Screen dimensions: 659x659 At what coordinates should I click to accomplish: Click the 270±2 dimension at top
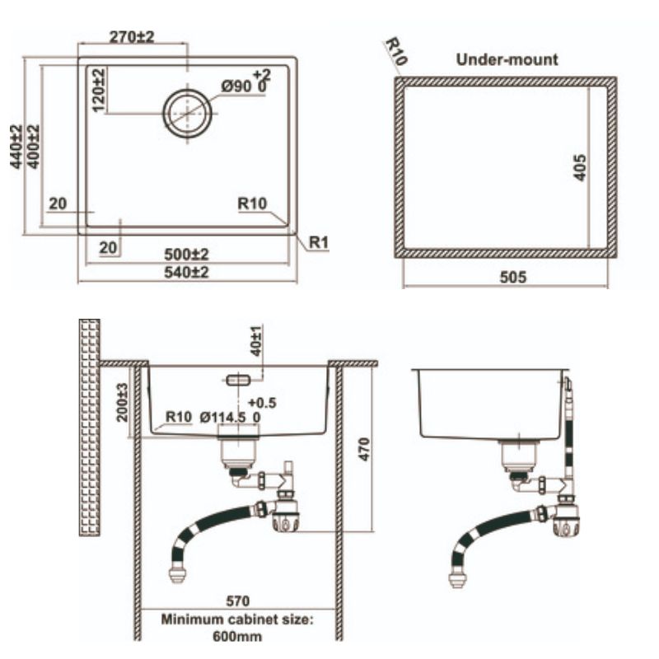pyautogui.click(x=132, y=37)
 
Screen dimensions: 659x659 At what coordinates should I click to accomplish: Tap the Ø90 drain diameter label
pyautogui.click(x=236, y=86)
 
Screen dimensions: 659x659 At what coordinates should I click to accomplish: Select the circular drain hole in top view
pyautogui.click(x=188, y=114)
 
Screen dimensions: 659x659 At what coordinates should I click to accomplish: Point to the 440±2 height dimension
pyautogui.click(x=16, y=147)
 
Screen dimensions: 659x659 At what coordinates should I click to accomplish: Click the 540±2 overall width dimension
pyautogui.click(x=186, y=273)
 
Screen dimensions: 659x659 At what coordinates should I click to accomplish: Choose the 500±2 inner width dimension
pyautogui.click(x=186, y=255)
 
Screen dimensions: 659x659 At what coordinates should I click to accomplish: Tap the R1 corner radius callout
pyautogui.click(x=319, y=242)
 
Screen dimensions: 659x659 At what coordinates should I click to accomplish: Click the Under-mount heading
pyautogui.click(x=507, y=59)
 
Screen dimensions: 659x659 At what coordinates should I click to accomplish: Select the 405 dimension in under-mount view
pyautogui.click(x=580, y=167)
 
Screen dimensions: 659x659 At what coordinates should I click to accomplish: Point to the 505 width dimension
pyautogui.click(x=512, y=277)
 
